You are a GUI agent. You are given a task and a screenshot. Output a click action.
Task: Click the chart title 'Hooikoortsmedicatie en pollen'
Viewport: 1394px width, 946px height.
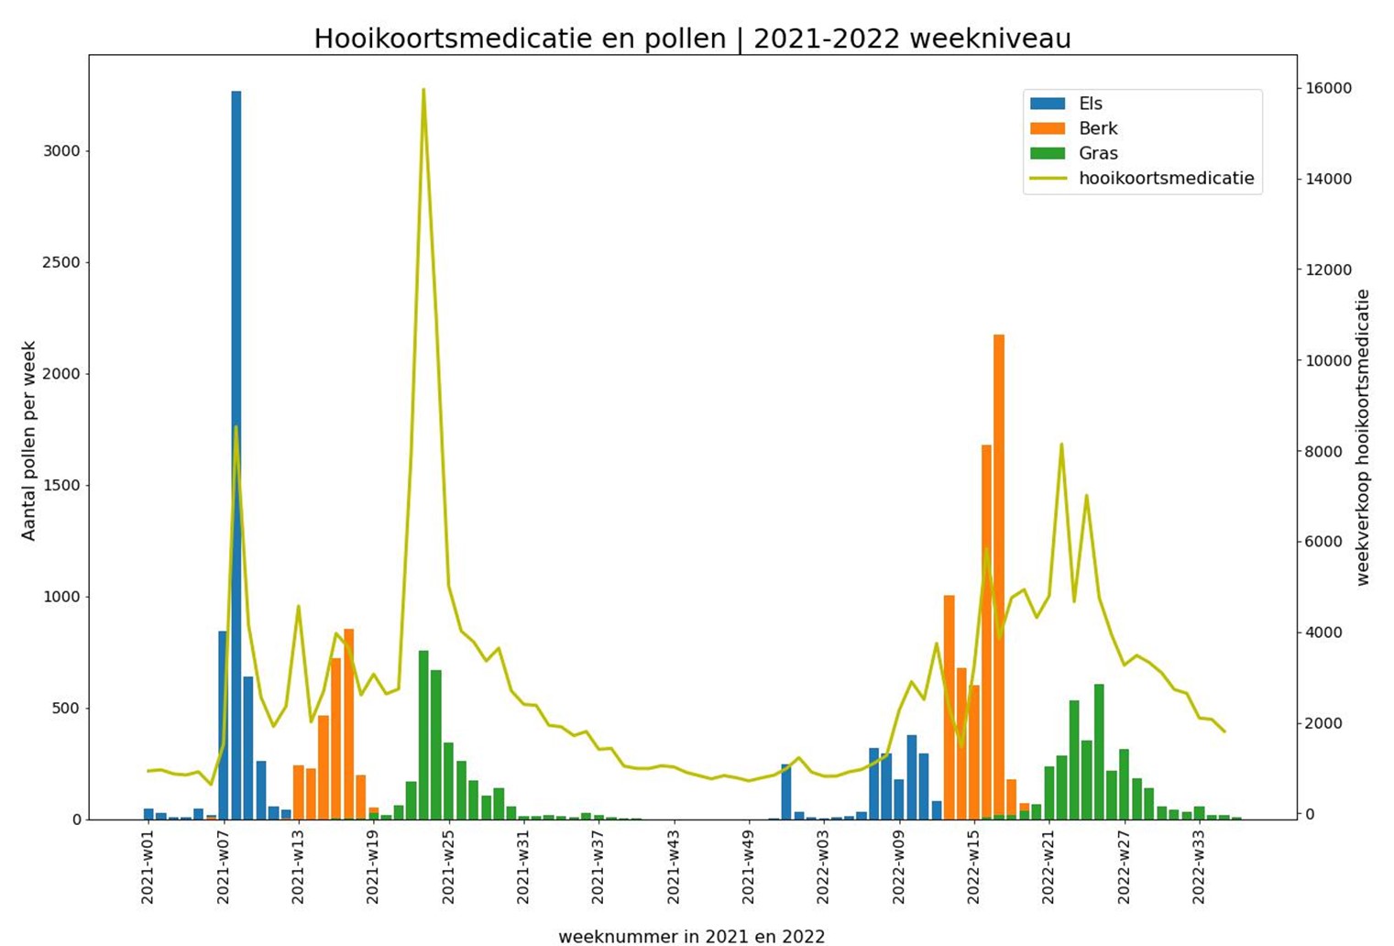tap(692, 38)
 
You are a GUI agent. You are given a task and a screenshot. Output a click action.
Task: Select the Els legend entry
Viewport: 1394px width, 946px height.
tap(1090, 104)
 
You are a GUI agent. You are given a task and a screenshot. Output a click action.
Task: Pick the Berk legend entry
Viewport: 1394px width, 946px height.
tap(1097, 128)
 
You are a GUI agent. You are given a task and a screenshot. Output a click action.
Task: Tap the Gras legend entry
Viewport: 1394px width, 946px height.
tap(1097, 153)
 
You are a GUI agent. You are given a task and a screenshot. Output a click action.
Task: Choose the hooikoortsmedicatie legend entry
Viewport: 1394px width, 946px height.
tap(1166, 178)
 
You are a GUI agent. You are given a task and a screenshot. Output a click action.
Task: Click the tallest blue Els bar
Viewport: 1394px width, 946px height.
tap(236, 458)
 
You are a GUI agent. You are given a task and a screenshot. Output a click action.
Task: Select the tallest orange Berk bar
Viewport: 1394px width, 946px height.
tap(999, 577)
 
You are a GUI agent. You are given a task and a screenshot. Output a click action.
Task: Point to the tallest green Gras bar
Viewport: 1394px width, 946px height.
tap(423, 733)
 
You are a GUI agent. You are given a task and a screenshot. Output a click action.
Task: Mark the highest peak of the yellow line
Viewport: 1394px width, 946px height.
tap(423, 90)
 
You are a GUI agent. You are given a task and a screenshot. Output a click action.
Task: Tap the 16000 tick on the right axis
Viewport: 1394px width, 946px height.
tap(1328, 88)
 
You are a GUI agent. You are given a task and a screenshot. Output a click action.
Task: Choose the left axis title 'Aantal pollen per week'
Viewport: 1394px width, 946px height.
tap(29, 441)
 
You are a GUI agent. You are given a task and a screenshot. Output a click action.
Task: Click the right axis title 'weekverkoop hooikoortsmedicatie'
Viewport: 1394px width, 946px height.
tap(1363, 437)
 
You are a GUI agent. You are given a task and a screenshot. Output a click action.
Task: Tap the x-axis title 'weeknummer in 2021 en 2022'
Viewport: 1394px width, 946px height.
tap(691, 936)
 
